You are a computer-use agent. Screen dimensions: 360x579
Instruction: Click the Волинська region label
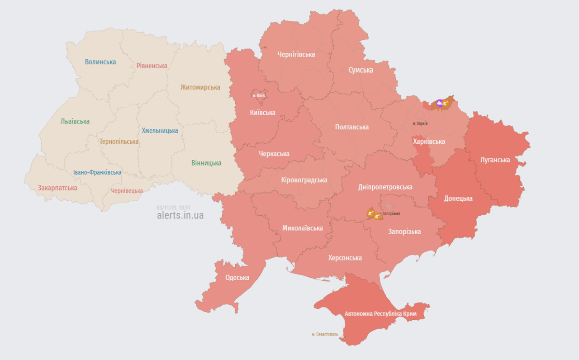click(x=100, y=62)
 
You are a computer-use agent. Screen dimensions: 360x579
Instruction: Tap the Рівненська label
click(x=152, y=66)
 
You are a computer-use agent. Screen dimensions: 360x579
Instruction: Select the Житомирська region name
click(x=200, y=87)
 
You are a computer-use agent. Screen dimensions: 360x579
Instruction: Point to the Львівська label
click(x=75, y=121)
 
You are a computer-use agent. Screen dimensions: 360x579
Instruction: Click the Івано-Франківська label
click(x=97, y=172)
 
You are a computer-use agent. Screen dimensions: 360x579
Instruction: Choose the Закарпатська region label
click(x=57, y=188)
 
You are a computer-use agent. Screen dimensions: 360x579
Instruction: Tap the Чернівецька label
click(x=127, y=190)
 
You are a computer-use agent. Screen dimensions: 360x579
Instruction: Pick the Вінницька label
click(x=206, y=163)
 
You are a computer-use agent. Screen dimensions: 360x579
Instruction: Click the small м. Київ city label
click(x=259, y=95)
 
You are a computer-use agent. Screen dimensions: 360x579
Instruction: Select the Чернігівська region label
click(x=296, y=54)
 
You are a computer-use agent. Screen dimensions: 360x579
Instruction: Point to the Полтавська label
click(x=352, y=127)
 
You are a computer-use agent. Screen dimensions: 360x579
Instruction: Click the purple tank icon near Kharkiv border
click(x=440, y=103)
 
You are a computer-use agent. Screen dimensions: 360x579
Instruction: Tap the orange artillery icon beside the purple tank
click(x=446, y=103)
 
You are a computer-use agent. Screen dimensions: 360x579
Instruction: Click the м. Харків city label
click(x=420, y=123)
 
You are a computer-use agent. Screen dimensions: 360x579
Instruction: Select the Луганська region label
click(x=495, y=160)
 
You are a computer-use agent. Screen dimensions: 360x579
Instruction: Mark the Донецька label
click(x=458, y=198)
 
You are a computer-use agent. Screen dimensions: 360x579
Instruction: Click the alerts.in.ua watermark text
click(x=180, y=215)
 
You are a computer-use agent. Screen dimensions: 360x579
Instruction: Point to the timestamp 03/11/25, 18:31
click(x=173, y=207)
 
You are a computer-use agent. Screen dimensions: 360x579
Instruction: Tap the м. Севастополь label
click(x=325, y=334)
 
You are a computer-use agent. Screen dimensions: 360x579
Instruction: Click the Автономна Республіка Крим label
click(x=380, y=313)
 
